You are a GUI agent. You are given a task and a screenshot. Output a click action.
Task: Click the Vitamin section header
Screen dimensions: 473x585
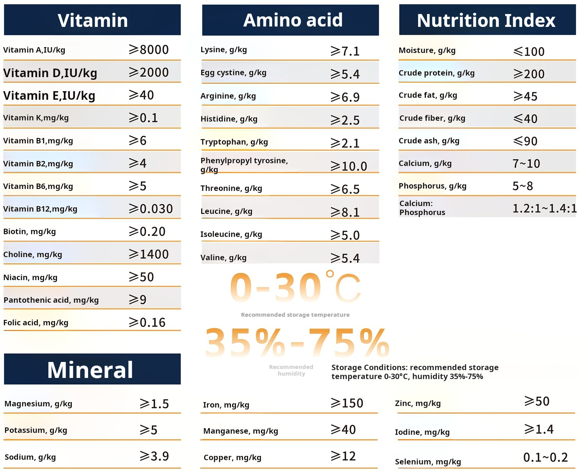[92, 20]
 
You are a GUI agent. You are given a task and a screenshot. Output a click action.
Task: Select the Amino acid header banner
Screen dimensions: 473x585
[292, 20]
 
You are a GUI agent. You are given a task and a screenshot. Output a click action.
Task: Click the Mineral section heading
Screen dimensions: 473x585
[90, 369]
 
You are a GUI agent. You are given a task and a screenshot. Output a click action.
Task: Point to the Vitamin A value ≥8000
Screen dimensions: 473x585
[149, 49]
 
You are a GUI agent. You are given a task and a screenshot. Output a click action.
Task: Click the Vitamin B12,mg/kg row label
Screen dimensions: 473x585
[40, 209]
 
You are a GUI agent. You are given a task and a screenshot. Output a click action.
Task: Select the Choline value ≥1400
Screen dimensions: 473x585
[149, 254]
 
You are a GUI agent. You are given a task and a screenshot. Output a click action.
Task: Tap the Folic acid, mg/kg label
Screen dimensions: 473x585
[36, 323]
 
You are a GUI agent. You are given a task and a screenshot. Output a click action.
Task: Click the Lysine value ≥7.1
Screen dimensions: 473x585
[345, 51]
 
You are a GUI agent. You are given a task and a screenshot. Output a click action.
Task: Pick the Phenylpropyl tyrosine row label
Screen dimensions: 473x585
[244, 164]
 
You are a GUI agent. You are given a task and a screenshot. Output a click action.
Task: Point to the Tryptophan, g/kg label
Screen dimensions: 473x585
[234, 142]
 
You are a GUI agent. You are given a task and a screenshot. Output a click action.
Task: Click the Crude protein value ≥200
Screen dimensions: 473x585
[529, 74]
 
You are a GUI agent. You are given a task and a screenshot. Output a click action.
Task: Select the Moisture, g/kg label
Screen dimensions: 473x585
[427, 50]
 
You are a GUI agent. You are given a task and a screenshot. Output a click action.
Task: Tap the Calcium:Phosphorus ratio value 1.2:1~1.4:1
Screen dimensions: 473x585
[544, 208]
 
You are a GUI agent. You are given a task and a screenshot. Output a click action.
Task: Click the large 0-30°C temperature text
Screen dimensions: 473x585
[295, 288]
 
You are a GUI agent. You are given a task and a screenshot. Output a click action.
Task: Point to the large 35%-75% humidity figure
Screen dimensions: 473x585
[297, 343]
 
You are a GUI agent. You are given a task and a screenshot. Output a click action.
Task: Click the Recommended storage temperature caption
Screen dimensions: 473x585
[295, 315]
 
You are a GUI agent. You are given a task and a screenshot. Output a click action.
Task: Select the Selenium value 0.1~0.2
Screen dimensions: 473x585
[545, 457]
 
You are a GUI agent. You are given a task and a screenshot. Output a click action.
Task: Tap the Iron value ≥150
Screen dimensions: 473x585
[347, 403]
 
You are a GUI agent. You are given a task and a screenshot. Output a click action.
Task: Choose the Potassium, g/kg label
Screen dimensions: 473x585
[36, 430]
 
